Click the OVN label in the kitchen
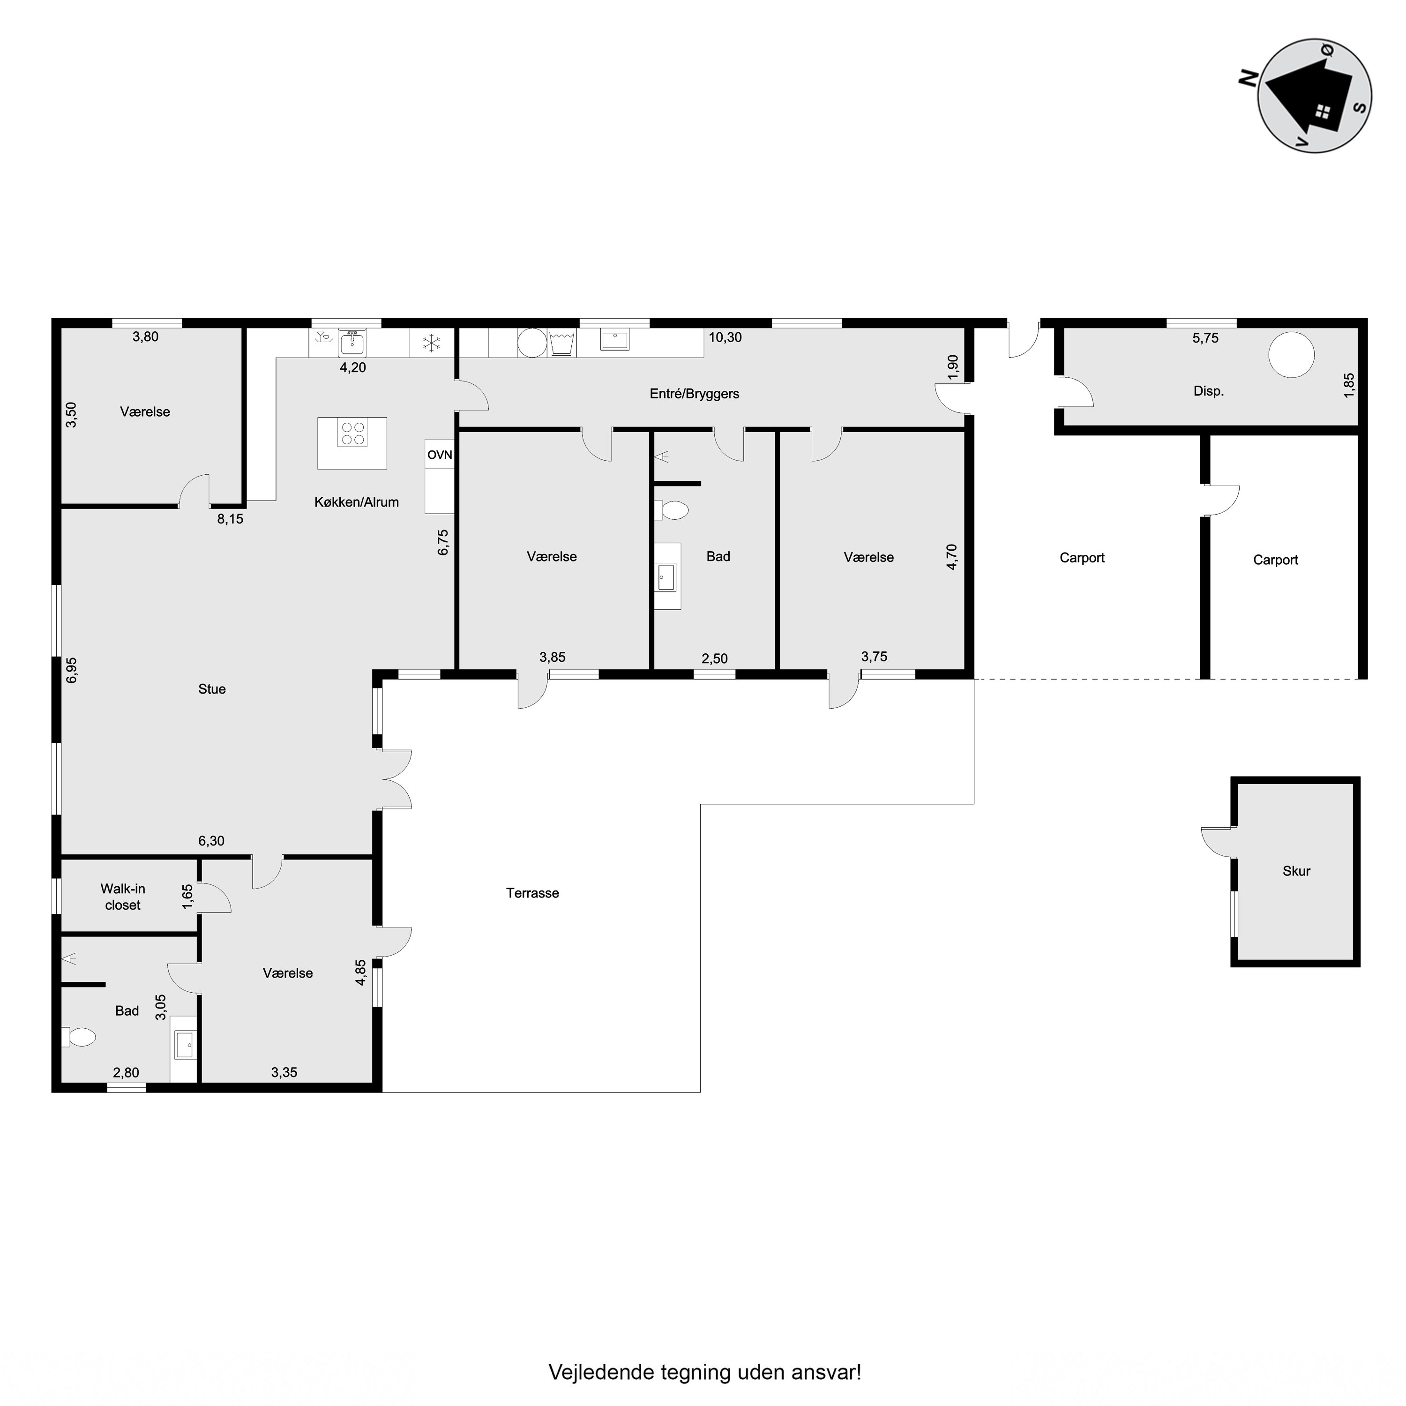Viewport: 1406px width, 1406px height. pos(440,455)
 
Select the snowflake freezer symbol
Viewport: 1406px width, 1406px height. pos(432,343)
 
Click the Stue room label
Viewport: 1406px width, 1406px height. pos(212,689)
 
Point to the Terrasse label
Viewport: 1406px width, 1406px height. pos(533,893)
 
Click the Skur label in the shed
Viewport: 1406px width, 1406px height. pos(1296,871)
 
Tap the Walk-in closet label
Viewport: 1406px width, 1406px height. pos(123,897)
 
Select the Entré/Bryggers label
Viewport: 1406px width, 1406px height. pos(694,394)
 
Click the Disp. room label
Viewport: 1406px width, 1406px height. pos(1209,391)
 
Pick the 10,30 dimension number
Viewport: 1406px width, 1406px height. pos(725,337)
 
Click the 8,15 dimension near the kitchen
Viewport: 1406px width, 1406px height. pos(230,519)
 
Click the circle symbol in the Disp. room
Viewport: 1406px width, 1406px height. pos(1291,355)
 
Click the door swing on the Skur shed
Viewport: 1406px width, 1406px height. pos(1217,843)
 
